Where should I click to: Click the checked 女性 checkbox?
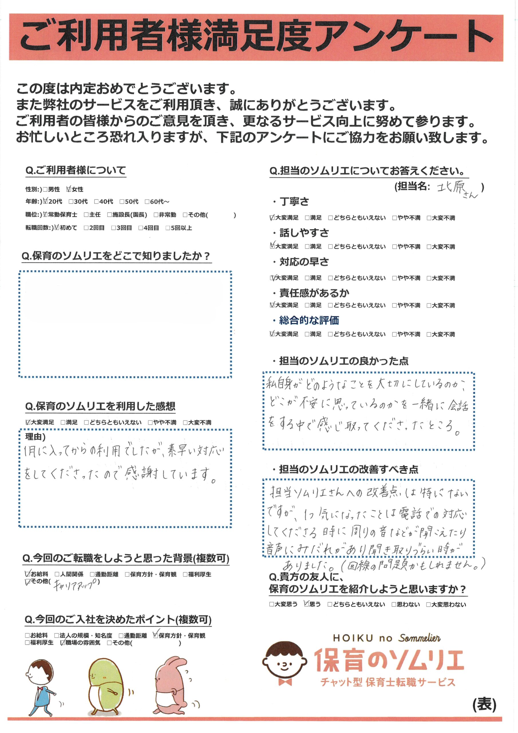pos(69,189)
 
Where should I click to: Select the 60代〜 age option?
pos(147,202)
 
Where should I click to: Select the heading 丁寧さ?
pos(294,202)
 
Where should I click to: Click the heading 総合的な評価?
pos(309,320)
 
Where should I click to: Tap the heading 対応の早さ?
pos(304,262)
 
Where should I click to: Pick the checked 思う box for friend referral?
pos(307,604)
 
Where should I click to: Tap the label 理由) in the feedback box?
pos(35,436)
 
